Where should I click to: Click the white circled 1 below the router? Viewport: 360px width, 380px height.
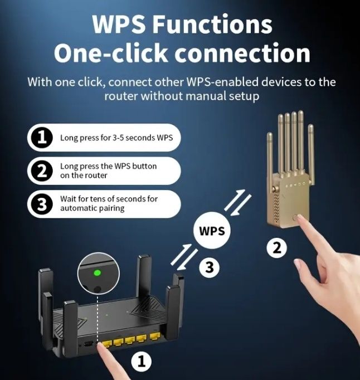point(141,363)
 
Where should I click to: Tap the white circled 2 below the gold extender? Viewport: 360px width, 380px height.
point(276,247)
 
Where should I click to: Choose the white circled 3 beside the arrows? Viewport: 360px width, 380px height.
point(209,267)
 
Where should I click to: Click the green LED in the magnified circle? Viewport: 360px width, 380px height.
point(98,273)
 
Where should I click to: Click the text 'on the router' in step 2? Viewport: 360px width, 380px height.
point(84,176)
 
